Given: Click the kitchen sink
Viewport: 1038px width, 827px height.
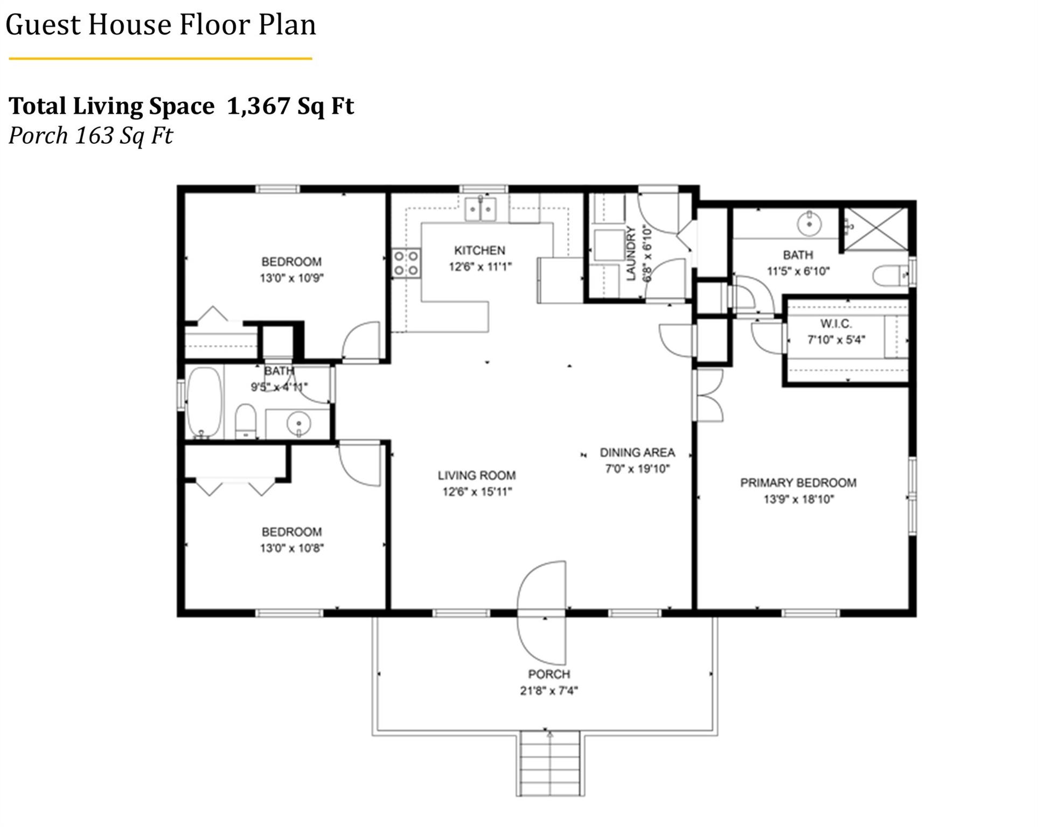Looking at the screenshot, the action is (x=480, y=209).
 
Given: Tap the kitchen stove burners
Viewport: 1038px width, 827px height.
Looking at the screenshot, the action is (x=406, y=263).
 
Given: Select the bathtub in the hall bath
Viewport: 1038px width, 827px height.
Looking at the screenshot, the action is (x=204, y=402).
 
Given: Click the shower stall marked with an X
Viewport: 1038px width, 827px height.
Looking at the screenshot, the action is (x=876, y=229).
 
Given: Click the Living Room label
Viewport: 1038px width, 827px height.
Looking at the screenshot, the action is (x=477, y=475).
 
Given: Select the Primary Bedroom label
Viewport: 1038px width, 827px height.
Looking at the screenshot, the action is (x=798, y=483).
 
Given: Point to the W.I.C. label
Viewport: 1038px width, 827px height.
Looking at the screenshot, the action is (x=836, y=324).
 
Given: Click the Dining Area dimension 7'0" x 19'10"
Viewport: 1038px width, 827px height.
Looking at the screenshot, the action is (x=637, y=469).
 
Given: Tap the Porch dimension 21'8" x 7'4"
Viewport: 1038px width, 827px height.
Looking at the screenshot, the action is (x=549, y=690).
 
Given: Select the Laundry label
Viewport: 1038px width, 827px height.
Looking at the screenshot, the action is (x=631, y=253).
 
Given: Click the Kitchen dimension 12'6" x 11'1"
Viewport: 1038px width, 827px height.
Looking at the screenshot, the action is (x=480, y=267).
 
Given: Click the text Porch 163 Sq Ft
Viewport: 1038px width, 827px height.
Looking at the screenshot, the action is (x=90, y=135).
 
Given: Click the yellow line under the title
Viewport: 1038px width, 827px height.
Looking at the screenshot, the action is (x=161, y=58).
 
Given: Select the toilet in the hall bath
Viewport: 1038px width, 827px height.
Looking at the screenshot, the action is (x=246, y=422).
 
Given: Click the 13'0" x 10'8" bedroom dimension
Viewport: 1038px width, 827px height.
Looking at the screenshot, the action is (x=292, y=549).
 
